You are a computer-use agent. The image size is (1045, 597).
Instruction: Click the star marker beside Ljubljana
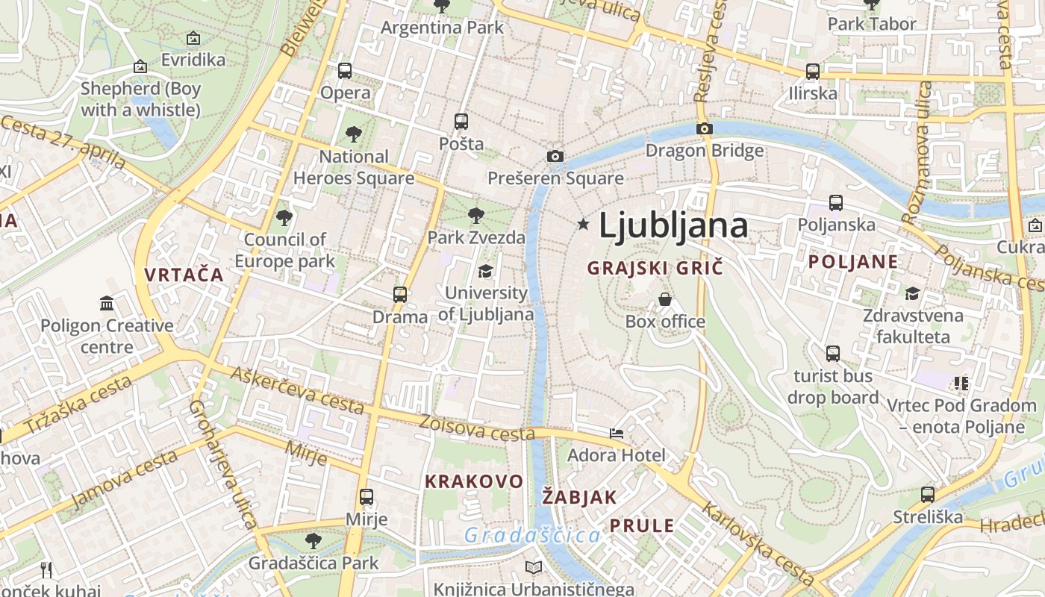click(583, 224)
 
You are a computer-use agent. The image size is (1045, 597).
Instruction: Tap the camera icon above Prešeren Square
click(555, 156)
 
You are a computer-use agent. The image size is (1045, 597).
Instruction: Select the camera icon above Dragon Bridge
click(704, 128)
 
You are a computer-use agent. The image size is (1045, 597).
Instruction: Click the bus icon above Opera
click(344, 71)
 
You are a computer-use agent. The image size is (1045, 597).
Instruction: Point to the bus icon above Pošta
click(461, 121)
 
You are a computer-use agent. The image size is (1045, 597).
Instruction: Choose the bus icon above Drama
click(400, 294)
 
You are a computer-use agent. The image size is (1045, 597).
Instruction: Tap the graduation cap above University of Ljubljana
click(485, 270)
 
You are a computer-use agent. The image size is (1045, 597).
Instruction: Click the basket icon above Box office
click(665, 299)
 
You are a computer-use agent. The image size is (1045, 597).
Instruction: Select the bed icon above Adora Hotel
click(617, 433)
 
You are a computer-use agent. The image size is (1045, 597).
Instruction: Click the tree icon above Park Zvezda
click(475, 216)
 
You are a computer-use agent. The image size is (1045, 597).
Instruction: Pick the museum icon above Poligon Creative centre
click(107, 303)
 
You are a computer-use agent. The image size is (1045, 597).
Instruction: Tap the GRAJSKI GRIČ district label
click(655, 268)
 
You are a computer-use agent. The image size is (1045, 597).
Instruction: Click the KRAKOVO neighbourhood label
click(474, 481)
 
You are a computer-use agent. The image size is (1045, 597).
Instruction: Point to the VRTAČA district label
click(184, 275)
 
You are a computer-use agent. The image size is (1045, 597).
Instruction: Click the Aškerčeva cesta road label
click(299, 391)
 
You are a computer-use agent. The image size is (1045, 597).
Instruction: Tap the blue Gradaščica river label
click(531, 535)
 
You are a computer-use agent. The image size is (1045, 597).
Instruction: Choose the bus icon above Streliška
click(928, 494)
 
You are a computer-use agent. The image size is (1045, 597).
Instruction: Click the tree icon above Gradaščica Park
click(313, 540)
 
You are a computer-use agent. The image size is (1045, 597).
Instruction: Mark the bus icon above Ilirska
click(813, 72)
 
